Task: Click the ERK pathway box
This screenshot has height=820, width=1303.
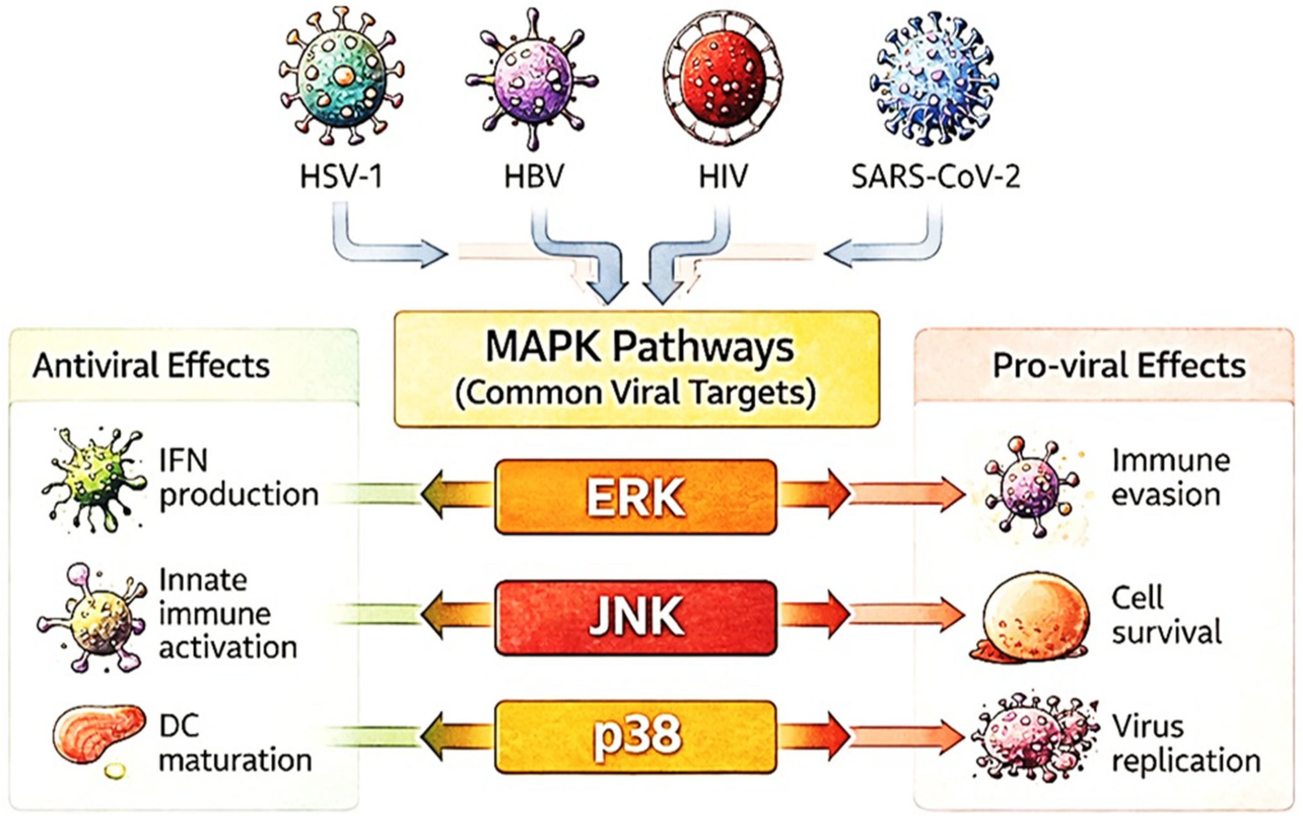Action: (635, 497)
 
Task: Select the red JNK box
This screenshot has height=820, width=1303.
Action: (635, 617)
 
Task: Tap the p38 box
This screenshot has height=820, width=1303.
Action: (635, 737)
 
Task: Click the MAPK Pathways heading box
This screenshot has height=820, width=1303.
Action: (636, 369)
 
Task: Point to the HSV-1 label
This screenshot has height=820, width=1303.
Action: (341, 176)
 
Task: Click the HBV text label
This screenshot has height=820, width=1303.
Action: (534, 176)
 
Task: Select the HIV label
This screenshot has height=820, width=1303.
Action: (723, 176)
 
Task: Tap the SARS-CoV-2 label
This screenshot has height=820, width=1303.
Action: (936, 176)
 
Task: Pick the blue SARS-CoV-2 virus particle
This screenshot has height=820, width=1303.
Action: (934, 81)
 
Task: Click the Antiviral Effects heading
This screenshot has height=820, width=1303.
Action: (151, 366)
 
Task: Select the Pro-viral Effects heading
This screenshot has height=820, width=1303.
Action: (1119, 366)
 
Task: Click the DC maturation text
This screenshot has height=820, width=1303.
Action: (235, 744)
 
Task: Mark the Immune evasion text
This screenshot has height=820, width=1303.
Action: (1170, 477)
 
